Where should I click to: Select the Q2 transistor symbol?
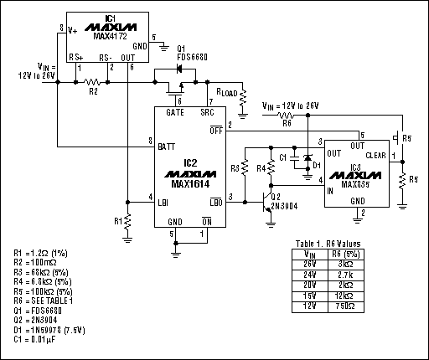click(x=267, y=206)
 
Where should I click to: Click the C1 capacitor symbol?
click(x=294, y=157)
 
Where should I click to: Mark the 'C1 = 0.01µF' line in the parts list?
click(x=39, y=340)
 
